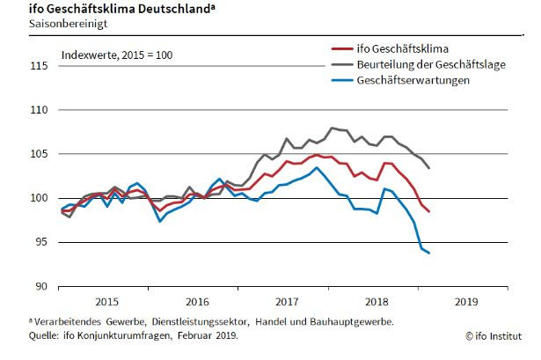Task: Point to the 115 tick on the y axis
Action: coord(39,66)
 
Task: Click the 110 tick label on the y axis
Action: coord(39,110)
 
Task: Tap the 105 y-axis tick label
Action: coord(39,154)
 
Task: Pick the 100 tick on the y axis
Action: coord(39,198)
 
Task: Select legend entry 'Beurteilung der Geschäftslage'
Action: coord(430,63)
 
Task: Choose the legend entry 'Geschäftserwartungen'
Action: coord(412,79)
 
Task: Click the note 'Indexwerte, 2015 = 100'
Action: coord(117,55)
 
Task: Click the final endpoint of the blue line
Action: coord(429,253)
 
